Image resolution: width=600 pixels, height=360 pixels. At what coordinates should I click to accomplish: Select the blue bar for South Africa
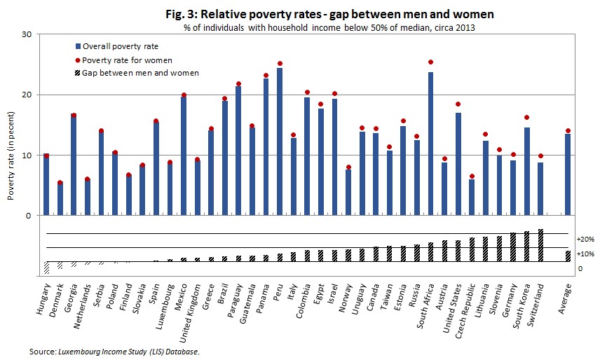pyautogui.click(x=430, y=144)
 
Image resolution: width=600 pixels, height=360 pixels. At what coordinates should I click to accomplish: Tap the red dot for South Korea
pyautogui.click(x=526, y=117)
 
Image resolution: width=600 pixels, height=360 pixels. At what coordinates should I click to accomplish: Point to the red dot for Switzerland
pyautogui.click(x=540, y=155)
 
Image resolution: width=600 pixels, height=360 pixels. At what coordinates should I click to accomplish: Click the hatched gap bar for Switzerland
pyautogui.click(x=540, y=245)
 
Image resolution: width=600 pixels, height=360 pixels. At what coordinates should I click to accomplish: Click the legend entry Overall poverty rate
pyautogui.click(x=121, y=46)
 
